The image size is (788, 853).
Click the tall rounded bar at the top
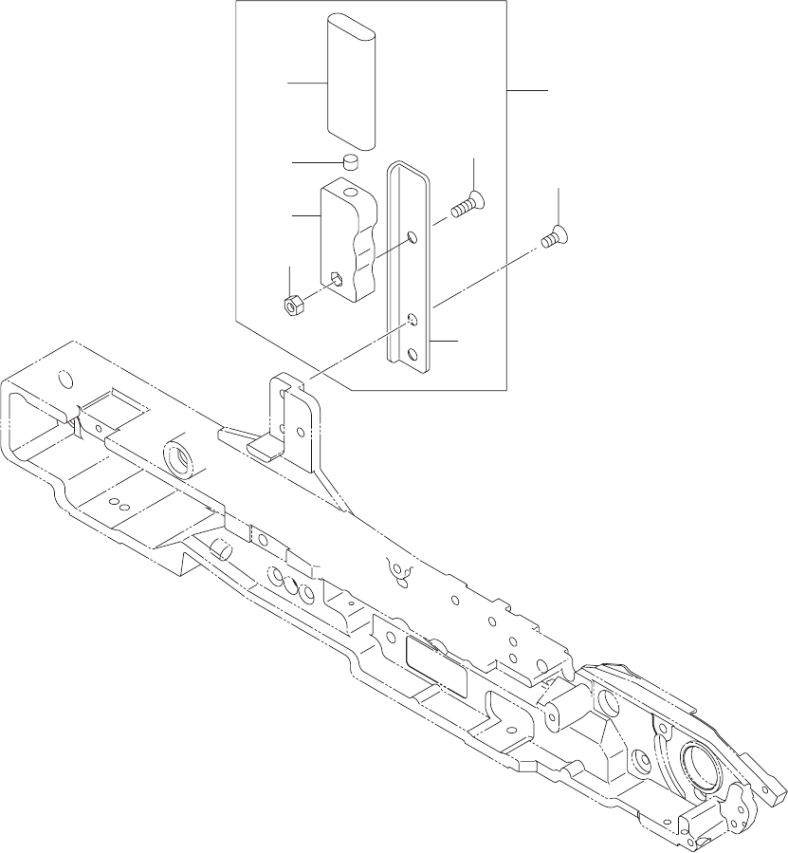pyautogui.click(x=351, y=81)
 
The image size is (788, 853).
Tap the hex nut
pyautogui.click(x=293, y=306)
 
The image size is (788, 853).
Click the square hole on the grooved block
pyautogui.click(x=337, y=279)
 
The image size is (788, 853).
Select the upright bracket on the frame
pyautogui.click(x=294, y=417)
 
